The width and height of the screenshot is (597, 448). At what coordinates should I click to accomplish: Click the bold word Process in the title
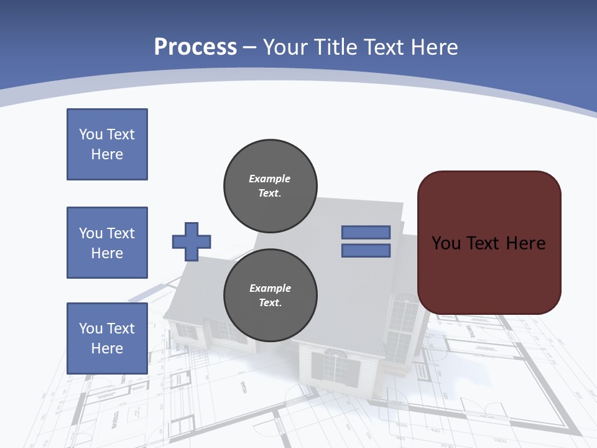(x=195, y=47)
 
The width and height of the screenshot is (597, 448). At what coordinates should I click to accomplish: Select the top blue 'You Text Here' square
(x=107, y=144)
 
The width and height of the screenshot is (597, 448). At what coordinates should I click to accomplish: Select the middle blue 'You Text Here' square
(x=107, y=243)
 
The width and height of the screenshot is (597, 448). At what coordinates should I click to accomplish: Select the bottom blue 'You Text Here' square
(x=107, y=338)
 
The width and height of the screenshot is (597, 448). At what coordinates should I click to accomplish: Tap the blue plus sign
(x=192, y=241)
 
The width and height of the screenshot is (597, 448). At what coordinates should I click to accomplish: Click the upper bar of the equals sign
(x=366, y=232)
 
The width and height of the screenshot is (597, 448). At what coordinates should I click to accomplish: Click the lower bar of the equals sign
(x=366, y=251)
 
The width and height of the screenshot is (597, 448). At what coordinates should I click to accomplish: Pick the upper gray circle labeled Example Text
(x=270, y=186)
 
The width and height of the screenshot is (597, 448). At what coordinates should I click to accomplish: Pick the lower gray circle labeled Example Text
(x=270, y=296)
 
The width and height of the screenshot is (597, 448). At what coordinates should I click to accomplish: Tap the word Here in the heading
(x=435, y=47)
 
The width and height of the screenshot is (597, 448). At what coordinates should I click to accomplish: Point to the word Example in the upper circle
(x=270, y=179)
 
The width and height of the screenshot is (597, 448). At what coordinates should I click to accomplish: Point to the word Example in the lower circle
(x=270, y=288)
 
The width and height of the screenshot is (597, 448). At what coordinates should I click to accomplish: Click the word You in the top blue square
(x=90, y=134)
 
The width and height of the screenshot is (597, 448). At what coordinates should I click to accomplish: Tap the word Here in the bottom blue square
(x=107, y=348)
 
